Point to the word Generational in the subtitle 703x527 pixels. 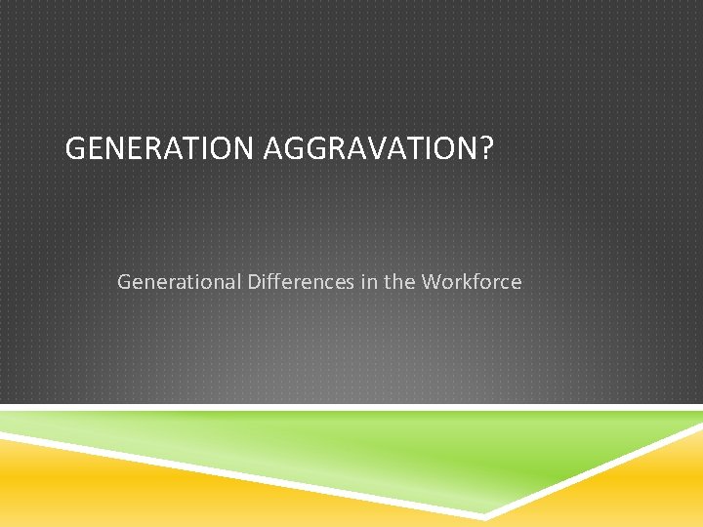click(179, 283)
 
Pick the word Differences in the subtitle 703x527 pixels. click(299, 282)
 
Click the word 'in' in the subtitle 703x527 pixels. click(366, 282)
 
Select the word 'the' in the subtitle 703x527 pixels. click(398, 282)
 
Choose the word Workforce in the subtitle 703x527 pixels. click(472, 282)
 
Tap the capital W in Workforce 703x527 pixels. click(431, 282)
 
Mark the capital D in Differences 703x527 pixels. click(254, 282)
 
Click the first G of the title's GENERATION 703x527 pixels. click(74, 149)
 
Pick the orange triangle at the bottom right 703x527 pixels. click(635, 493)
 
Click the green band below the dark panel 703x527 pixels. click(391, 449)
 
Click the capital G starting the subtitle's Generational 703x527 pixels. click(124, 282)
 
